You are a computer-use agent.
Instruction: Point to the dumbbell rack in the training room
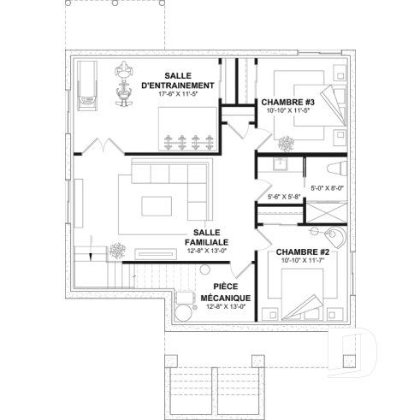[x=189, y=140]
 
